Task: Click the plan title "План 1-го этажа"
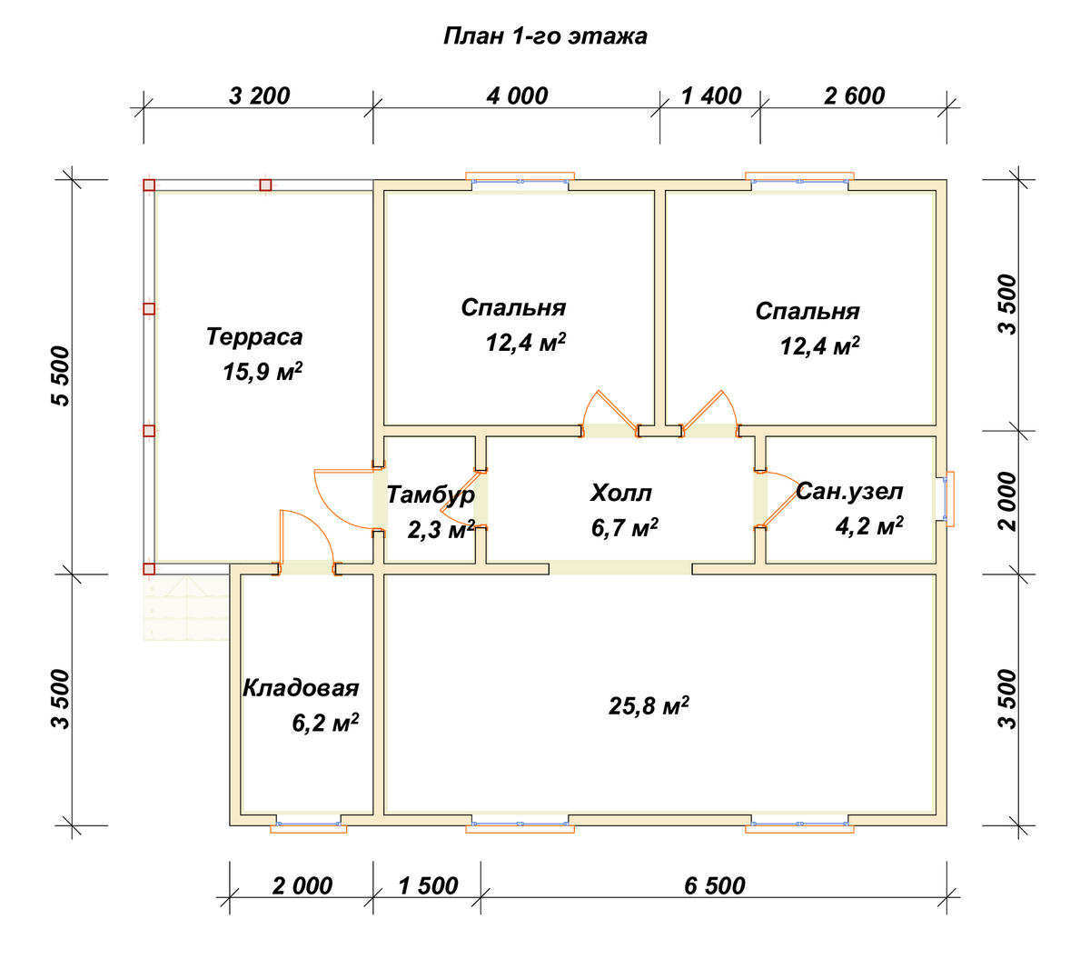(545, 36)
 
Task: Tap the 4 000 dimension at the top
(517, 96)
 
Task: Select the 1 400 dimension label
(711, 96)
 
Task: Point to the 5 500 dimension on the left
(61, 375)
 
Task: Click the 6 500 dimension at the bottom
(715, 885)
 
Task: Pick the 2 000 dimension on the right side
(1007, 502)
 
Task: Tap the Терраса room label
(254, 337)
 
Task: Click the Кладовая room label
(301, 688)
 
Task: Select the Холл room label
(621, 493)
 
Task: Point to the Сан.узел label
(849, 492)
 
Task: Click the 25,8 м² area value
(649, 705)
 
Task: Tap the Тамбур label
(431, 495)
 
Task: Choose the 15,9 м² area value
(263, 372)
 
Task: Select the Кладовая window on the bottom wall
(308, 826)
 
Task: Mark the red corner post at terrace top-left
(149, 185)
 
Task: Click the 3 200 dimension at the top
(259, 96)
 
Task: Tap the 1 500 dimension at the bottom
(428, 885)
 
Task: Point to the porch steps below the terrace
(186, 608)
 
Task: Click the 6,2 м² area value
(325, 723)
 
